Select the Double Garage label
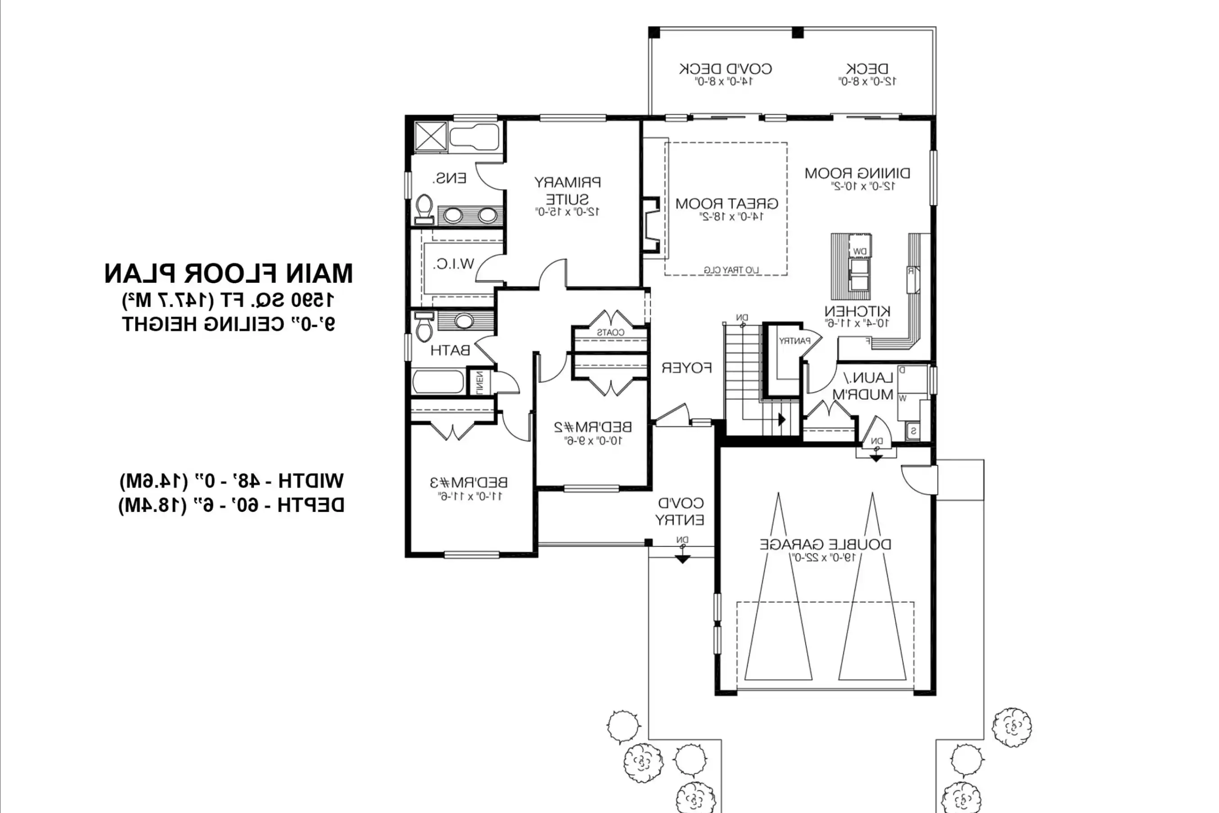click(826, 544)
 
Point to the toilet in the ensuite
click(424, 208)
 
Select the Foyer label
click(686, 368)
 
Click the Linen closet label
click(479, 382)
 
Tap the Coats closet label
click(610, 332)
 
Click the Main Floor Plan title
click(228, 274)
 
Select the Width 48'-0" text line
click(231, 481)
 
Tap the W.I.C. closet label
click(454, 264)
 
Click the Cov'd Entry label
click(680, 511)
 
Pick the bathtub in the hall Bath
click(438, 382)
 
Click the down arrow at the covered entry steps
click(682, 559)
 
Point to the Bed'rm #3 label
click(469, 482)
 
